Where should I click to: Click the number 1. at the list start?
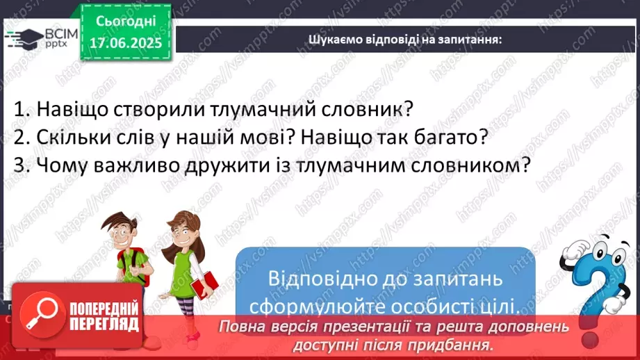[x=22, y=109]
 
